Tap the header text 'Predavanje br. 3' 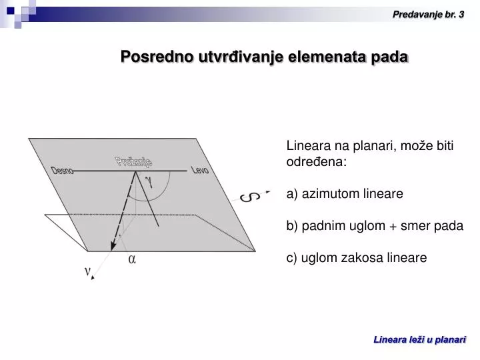tap(428, 13)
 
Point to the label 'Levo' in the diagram tap(200, 171)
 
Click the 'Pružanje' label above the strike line tap(134, 161)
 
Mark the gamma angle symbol tap(149, 181)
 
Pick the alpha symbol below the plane tap(132, 260)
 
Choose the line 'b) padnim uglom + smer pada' tap(374, 225)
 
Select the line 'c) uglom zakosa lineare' tap(356, 257)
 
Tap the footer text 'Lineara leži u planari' tap(419, 340)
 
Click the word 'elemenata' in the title tap(323, 57)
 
